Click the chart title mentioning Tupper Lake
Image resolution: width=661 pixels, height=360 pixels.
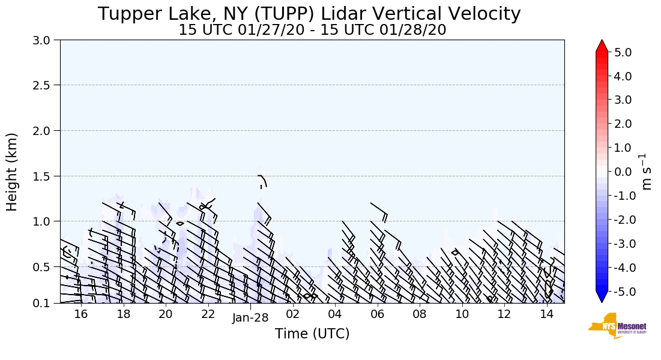point(309,14)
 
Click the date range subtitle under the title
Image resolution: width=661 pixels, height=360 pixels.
point(312,30)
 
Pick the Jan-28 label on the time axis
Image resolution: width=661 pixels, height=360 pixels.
point(250,318)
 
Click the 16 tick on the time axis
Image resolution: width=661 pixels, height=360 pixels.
point(81,314)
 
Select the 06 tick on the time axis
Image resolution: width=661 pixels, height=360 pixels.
point(378,314)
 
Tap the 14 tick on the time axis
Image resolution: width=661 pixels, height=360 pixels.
point(546,314)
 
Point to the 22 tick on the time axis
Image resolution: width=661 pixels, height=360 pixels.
point(208,314)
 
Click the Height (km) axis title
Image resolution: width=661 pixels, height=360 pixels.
point(12,172)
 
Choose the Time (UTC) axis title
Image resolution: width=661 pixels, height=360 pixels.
point(312,334)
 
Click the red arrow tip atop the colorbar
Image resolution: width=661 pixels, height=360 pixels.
point(602,45)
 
